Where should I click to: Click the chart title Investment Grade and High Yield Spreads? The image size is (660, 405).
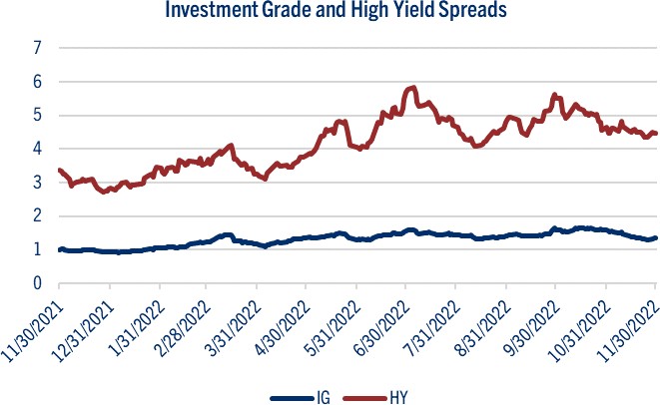[329, 12]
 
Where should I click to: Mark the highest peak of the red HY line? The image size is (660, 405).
[411, 88]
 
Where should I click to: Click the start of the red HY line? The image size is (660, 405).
[60, 143]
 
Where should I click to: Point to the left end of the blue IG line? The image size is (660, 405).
[60, 249]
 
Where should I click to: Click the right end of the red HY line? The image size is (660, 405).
[655, 133]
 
